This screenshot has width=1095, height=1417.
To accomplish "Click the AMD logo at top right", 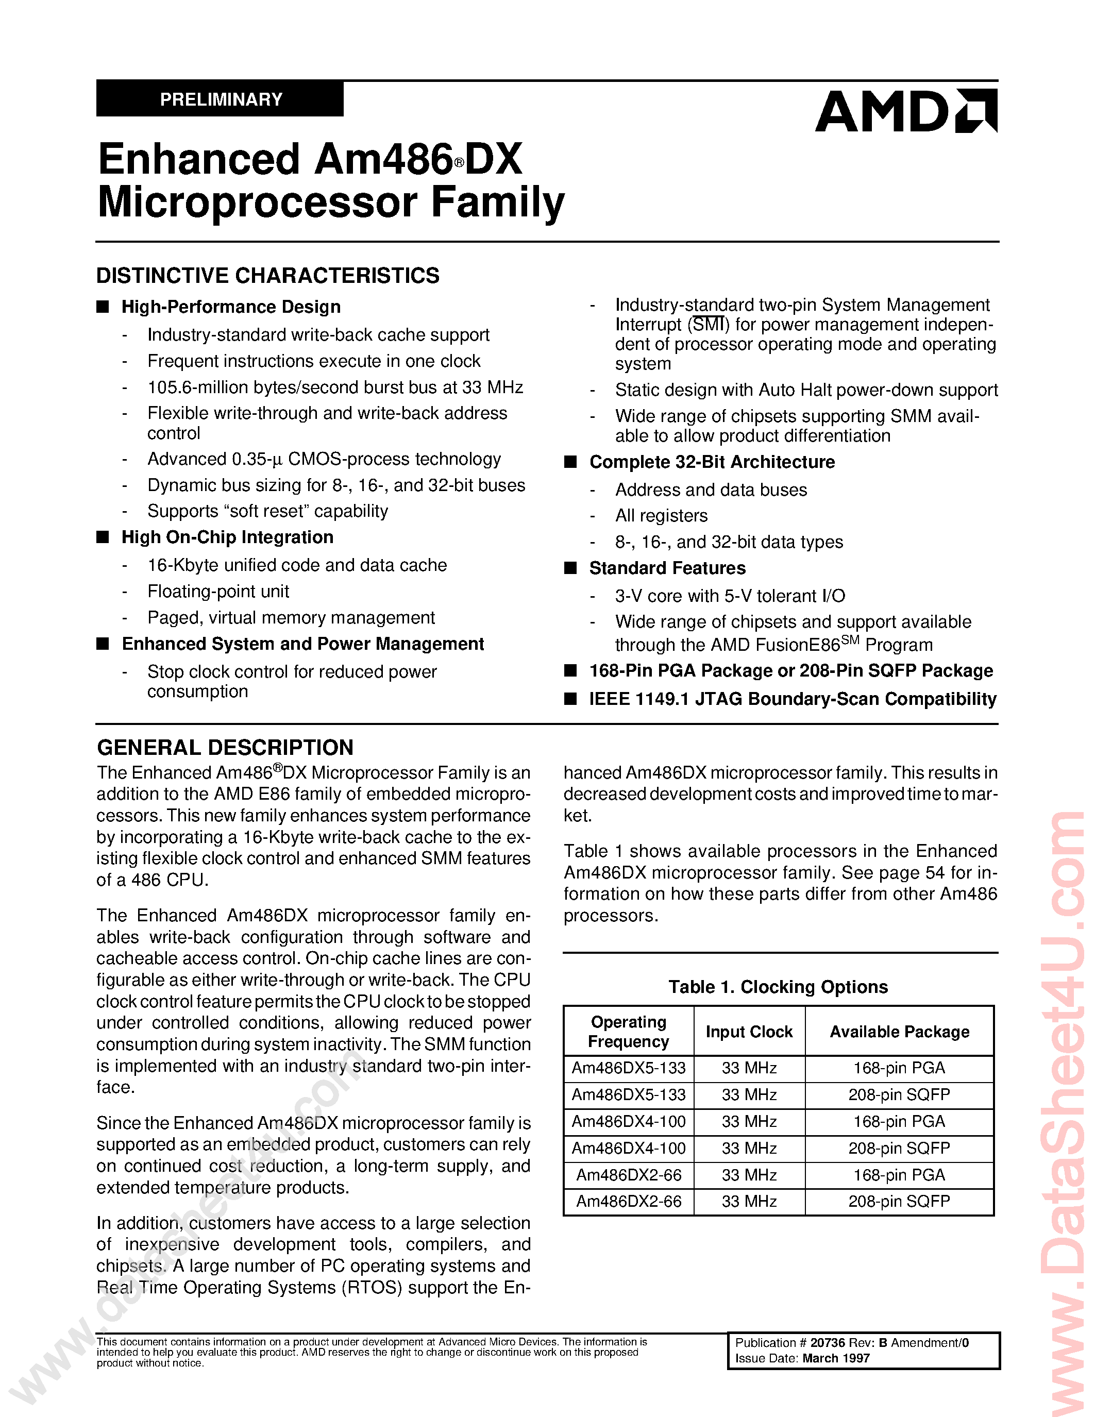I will (x=905, y=112).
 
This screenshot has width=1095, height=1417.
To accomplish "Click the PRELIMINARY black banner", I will (x=221, y=99).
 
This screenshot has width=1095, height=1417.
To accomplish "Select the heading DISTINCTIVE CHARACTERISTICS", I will (x=267, y=276).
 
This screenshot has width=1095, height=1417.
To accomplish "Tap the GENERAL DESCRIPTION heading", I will (x=225, y=748).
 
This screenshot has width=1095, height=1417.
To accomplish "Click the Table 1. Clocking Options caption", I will (x=778, y=987).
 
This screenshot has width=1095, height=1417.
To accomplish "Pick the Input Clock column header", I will (x=749, y=1032).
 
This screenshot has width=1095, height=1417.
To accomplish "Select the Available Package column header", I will (x=899, y=1032).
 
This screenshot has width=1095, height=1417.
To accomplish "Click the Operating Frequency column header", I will (x=628, y=1032).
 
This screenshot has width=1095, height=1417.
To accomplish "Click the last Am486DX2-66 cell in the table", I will (x=629, y=1202).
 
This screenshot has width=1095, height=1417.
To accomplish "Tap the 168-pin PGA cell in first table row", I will (x=899, y=1068).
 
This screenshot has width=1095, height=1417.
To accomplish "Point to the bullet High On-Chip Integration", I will (x=227, y=537).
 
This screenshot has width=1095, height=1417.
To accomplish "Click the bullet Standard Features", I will (x=667, y=568).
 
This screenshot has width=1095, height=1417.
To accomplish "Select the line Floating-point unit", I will (x=218, y=591).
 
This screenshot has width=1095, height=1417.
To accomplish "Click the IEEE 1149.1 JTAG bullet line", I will (x=792, y=699).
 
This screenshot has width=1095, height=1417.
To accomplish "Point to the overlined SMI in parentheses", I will (x=707, y=325).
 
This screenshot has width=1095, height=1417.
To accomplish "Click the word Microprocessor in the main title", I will (x=257, y=203).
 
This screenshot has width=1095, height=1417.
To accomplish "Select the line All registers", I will (x=661, y=516).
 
